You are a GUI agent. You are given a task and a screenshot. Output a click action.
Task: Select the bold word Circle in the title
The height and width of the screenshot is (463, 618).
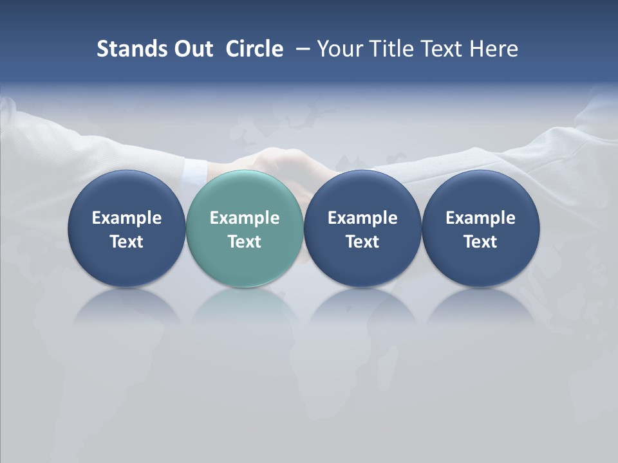tap(254, 49)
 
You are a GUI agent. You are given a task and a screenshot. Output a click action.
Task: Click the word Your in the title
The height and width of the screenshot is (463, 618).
tap(337, 49)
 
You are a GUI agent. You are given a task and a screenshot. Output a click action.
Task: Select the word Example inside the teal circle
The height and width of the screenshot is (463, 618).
tap(245, 218)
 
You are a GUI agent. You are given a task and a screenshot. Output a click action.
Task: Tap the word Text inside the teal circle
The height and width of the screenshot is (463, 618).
tap(245, 242)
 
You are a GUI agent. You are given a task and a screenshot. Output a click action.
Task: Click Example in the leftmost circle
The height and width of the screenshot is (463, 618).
tap(127, 218)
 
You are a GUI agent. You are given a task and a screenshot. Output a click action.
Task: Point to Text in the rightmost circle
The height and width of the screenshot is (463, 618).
tap(480, 242)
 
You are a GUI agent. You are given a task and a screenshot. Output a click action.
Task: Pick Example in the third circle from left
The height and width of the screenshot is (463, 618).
tap(362, 218)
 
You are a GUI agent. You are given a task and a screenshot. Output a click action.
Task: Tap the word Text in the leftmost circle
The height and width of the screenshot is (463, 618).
tap(127, 242)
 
